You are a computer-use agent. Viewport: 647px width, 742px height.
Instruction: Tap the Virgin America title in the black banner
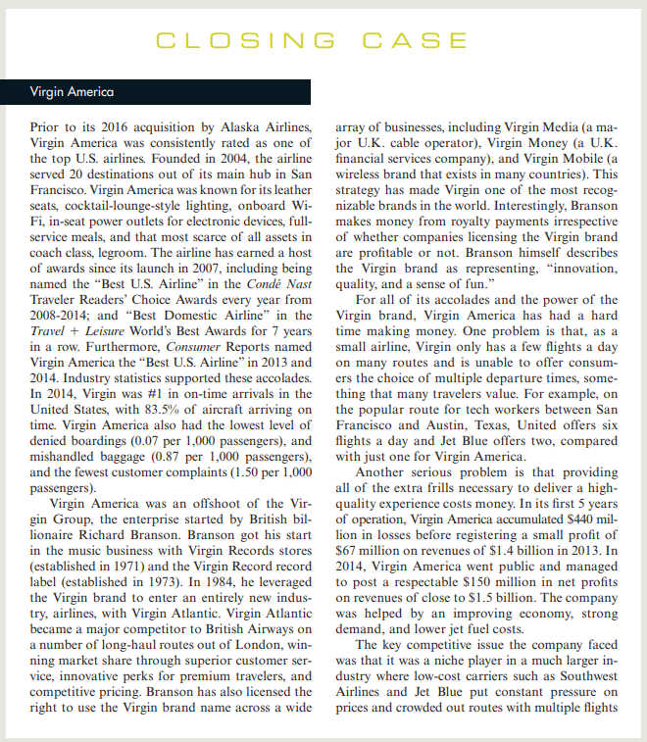click(72, 92)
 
